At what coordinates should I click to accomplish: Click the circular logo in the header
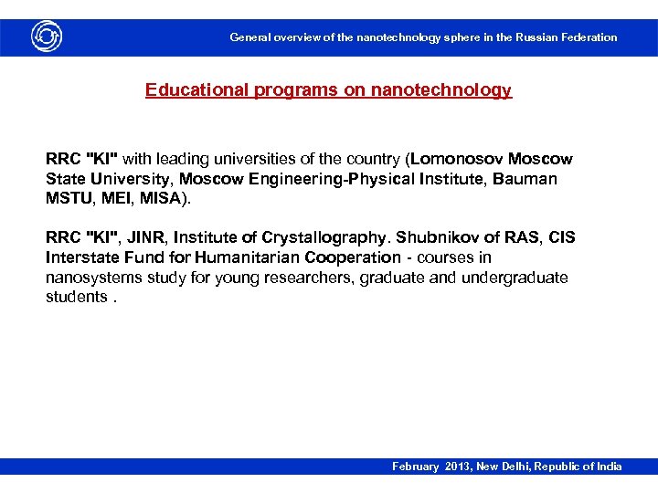point(47,37)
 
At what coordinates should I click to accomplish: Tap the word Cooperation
point(349,257)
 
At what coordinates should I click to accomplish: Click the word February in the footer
point(417,467)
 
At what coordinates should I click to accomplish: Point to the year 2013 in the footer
point(458,467)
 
